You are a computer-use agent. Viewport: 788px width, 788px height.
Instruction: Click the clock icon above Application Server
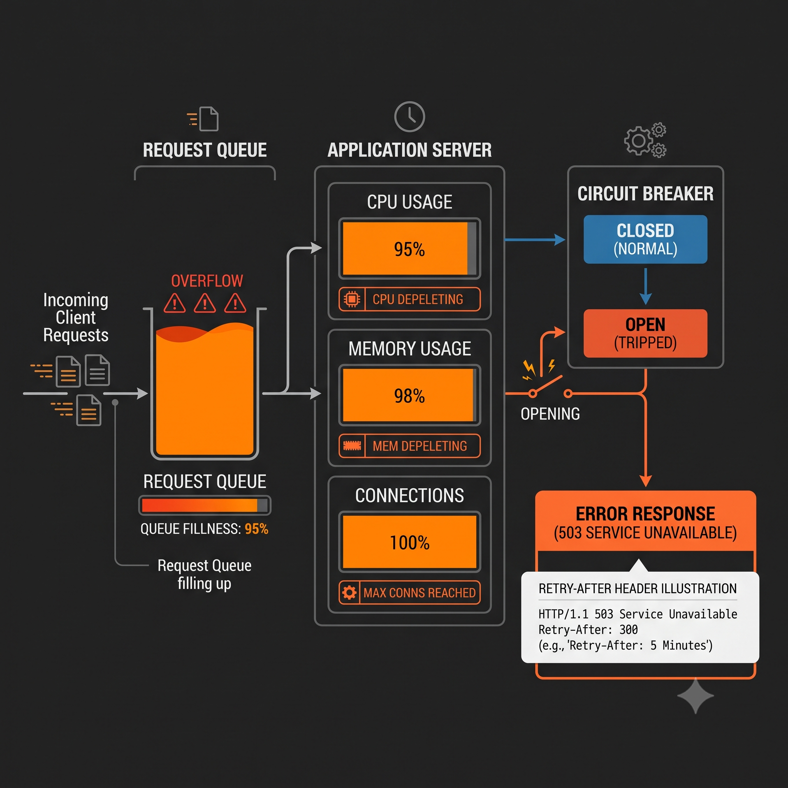tap(409, 117)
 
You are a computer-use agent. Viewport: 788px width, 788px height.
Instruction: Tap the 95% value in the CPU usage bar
tap(409, 249)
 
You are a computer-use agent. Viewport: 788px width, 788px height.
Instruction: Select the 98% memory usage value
tap(409, 396)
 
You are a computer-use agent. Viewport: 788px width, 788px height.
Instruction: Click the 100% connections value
tap(409, 543)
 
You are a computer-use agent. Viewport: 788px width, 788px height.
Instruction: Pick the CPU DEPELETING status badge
tap(409, 299)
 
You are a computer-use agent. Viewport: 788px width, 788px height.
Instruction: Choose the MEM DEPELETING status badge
tap(409, 446)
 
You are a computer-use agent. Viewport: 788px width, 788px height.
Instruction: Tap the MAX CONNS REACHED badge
tap(409, 593)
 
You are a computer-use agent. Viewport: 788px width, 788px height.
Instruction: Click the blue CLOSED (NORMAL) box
tap(645, 239)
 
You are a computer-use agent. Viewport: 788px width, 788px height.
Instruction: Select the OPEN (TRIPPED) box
tap(645, 334)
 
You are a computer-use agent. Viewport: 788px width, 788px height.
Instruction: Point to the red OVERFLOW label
tap(207, 281)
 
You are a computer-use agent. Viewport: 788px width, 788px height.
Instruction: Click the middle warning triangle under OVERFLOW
tap(205, 303)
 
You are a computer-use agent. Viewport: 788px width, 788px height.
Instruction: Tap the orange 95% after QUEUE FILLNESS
tap(257, 529)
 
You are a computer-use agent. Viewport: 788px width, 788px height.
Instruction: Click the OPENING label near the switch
tap(550, 414)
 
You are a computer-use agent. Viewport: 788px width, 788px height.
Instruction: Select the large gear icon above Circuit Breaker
tap(638, 141)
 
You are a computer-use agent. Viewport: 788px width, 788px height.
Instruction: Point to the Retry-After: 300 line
tap(588, 630)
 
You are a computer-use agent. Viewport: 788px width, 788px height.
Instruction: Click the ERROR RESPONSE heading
tap(645, 514)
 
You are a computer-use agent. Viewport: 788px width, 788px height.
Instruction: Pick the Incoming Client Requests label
tap(76, 317)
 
